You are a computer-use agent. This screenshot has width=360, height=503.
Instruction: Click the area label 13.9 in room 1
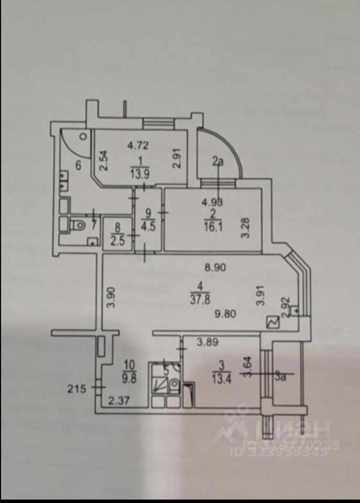(140, 174)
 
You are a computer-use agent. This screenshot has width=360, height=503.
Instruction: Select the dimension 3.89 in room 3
(207, 343)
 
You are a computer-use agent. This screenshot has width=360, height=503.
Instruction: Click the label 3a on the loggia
(280, 374)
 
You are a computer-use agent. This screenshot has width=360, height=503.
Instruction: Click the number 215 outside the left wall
(77, 388)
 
